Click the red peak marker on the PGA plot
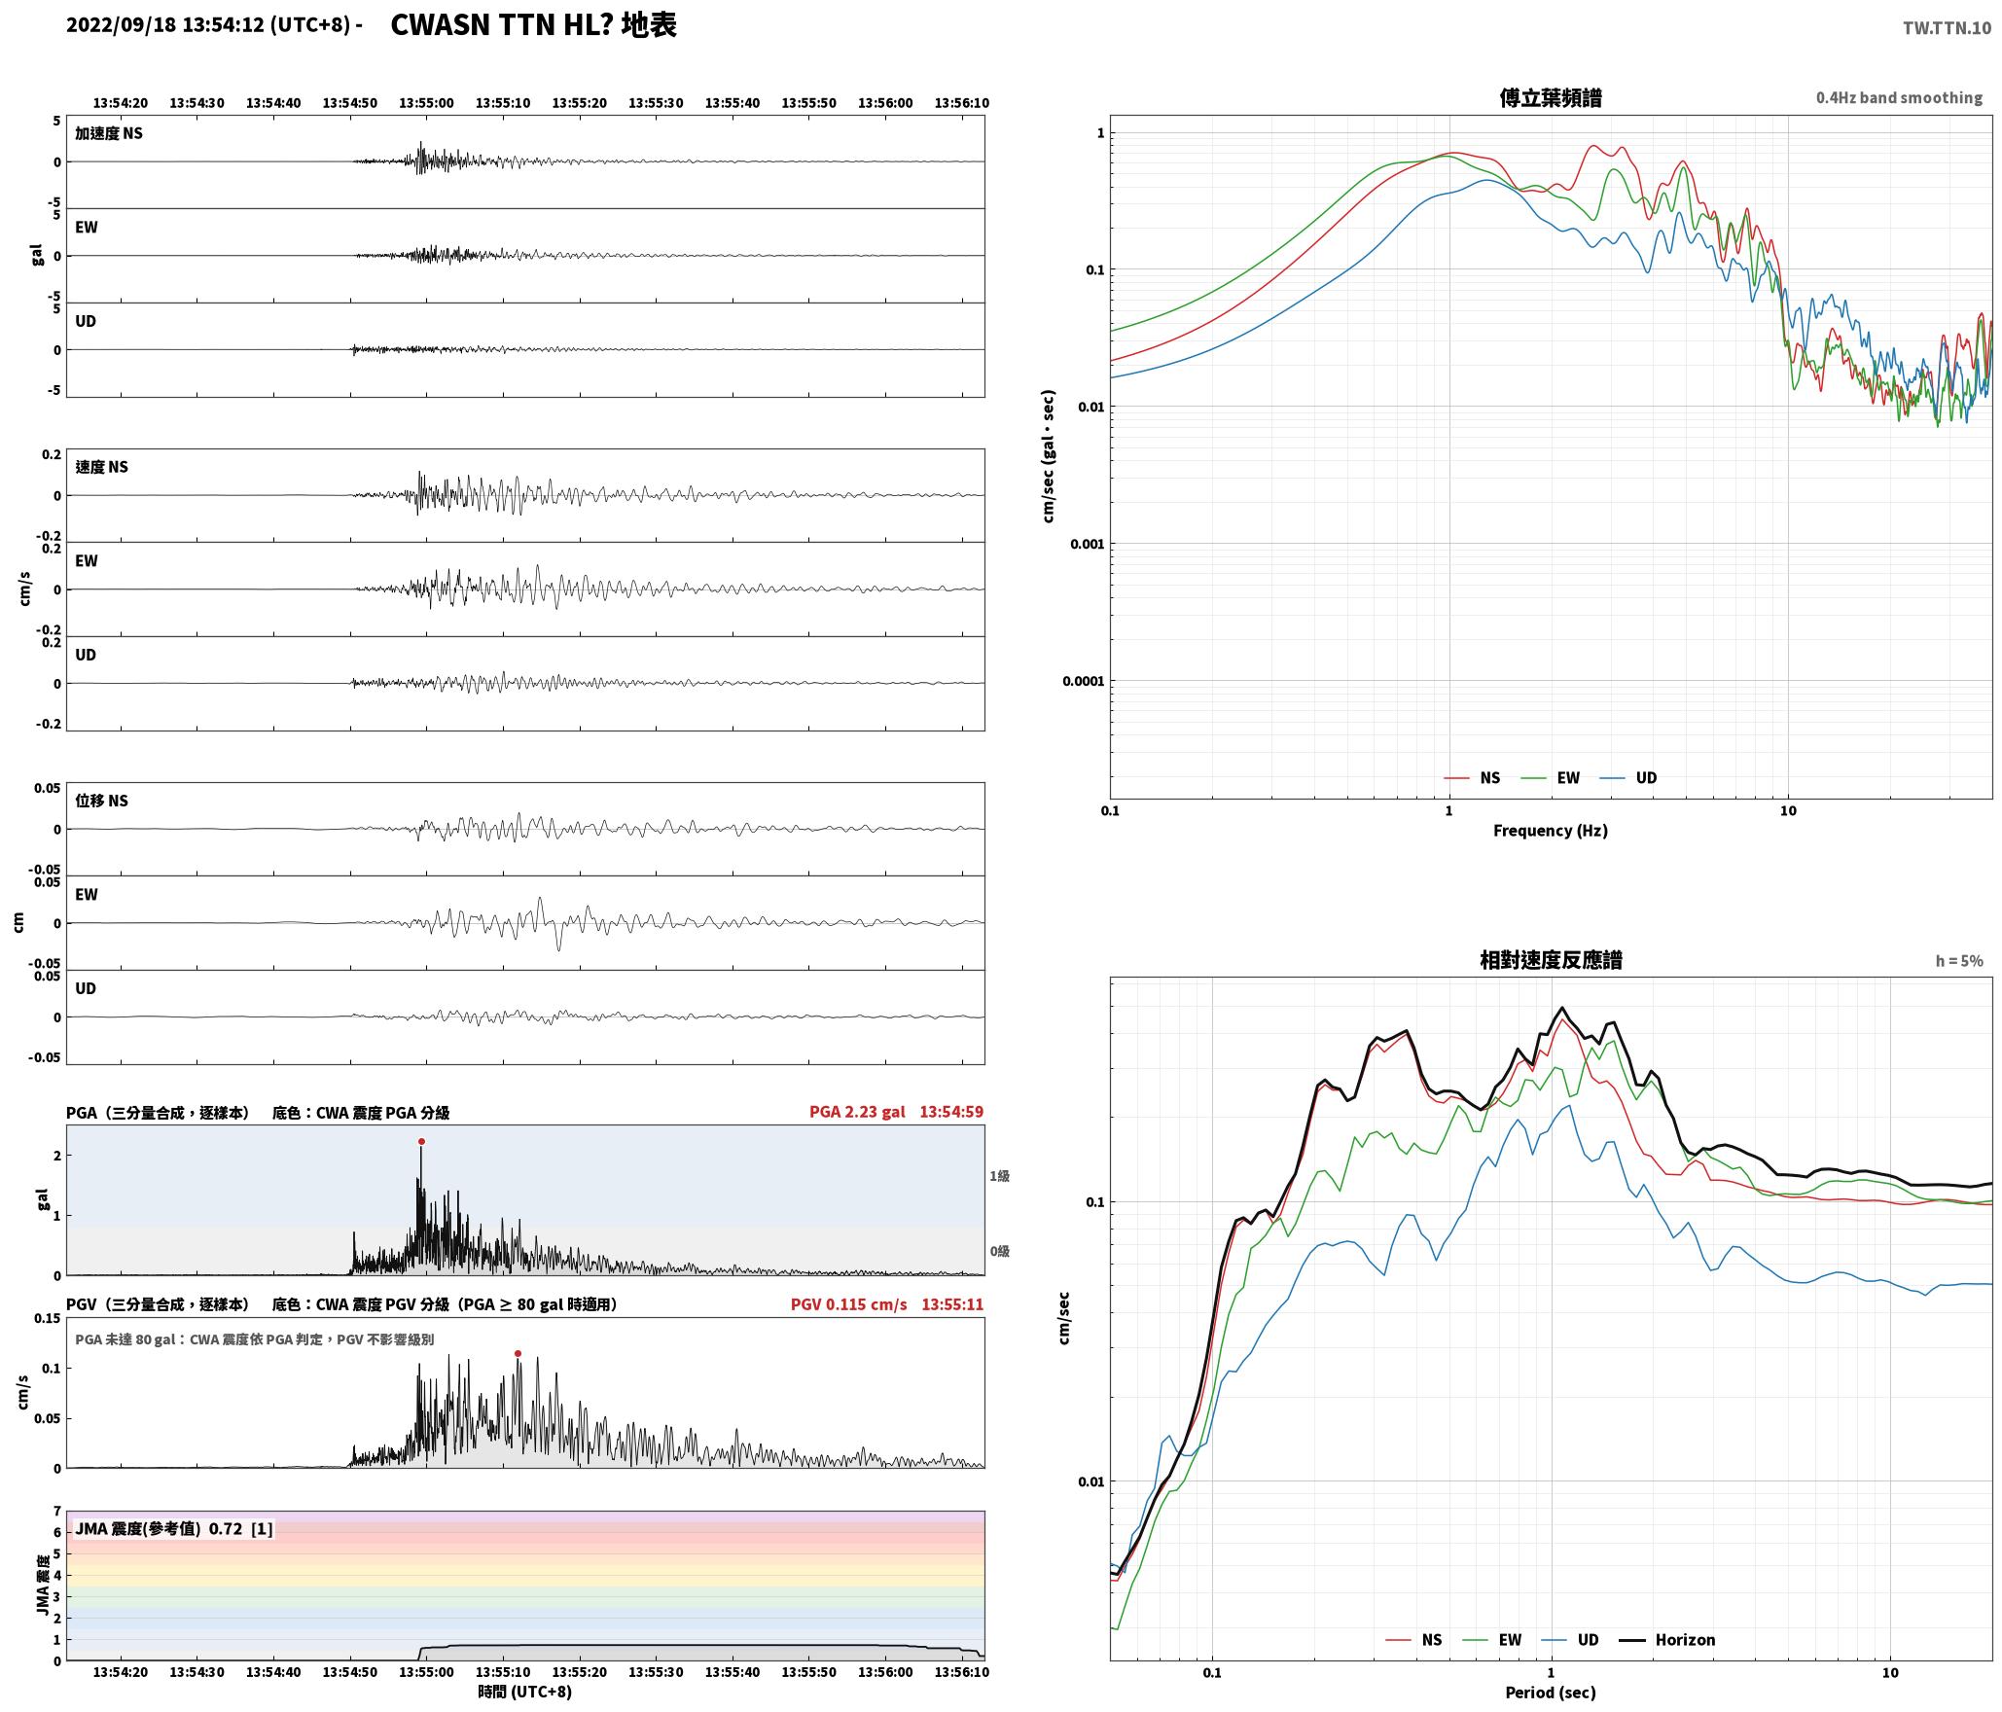(421, 1141)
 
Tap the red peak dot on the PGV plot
(518, 1353)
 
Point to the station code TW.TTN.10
(1947, 28)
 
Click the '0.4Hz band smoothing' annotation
(1899, 97)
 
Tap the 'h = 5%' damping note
(1959, 960)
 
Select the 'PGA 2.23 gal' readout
(857, 1111)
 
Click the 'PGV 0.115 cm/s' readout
(848, 1303)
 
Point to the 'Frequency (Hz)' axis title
(1551, 830)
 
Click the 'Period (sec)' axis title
(1551, 1692)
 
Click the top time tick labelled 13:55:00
(426, 102)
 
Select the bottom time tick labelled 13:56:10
(962, 1671)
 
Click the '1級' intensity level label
(1000, 1175)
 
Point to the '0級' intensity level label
(1000, 1251)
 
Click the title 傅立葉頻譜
(1551, 97)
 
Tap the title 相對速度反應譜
(1551, 960)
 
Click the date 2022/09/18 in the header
(122, 25)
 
